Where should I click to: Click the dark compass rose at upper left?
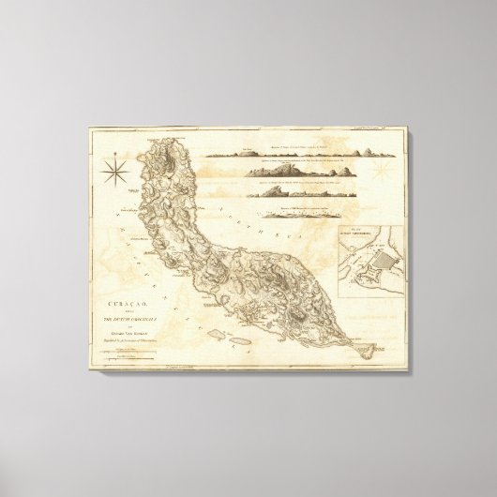click(119, 173)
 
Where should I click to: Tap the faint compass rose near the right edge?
click(384, 173)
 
